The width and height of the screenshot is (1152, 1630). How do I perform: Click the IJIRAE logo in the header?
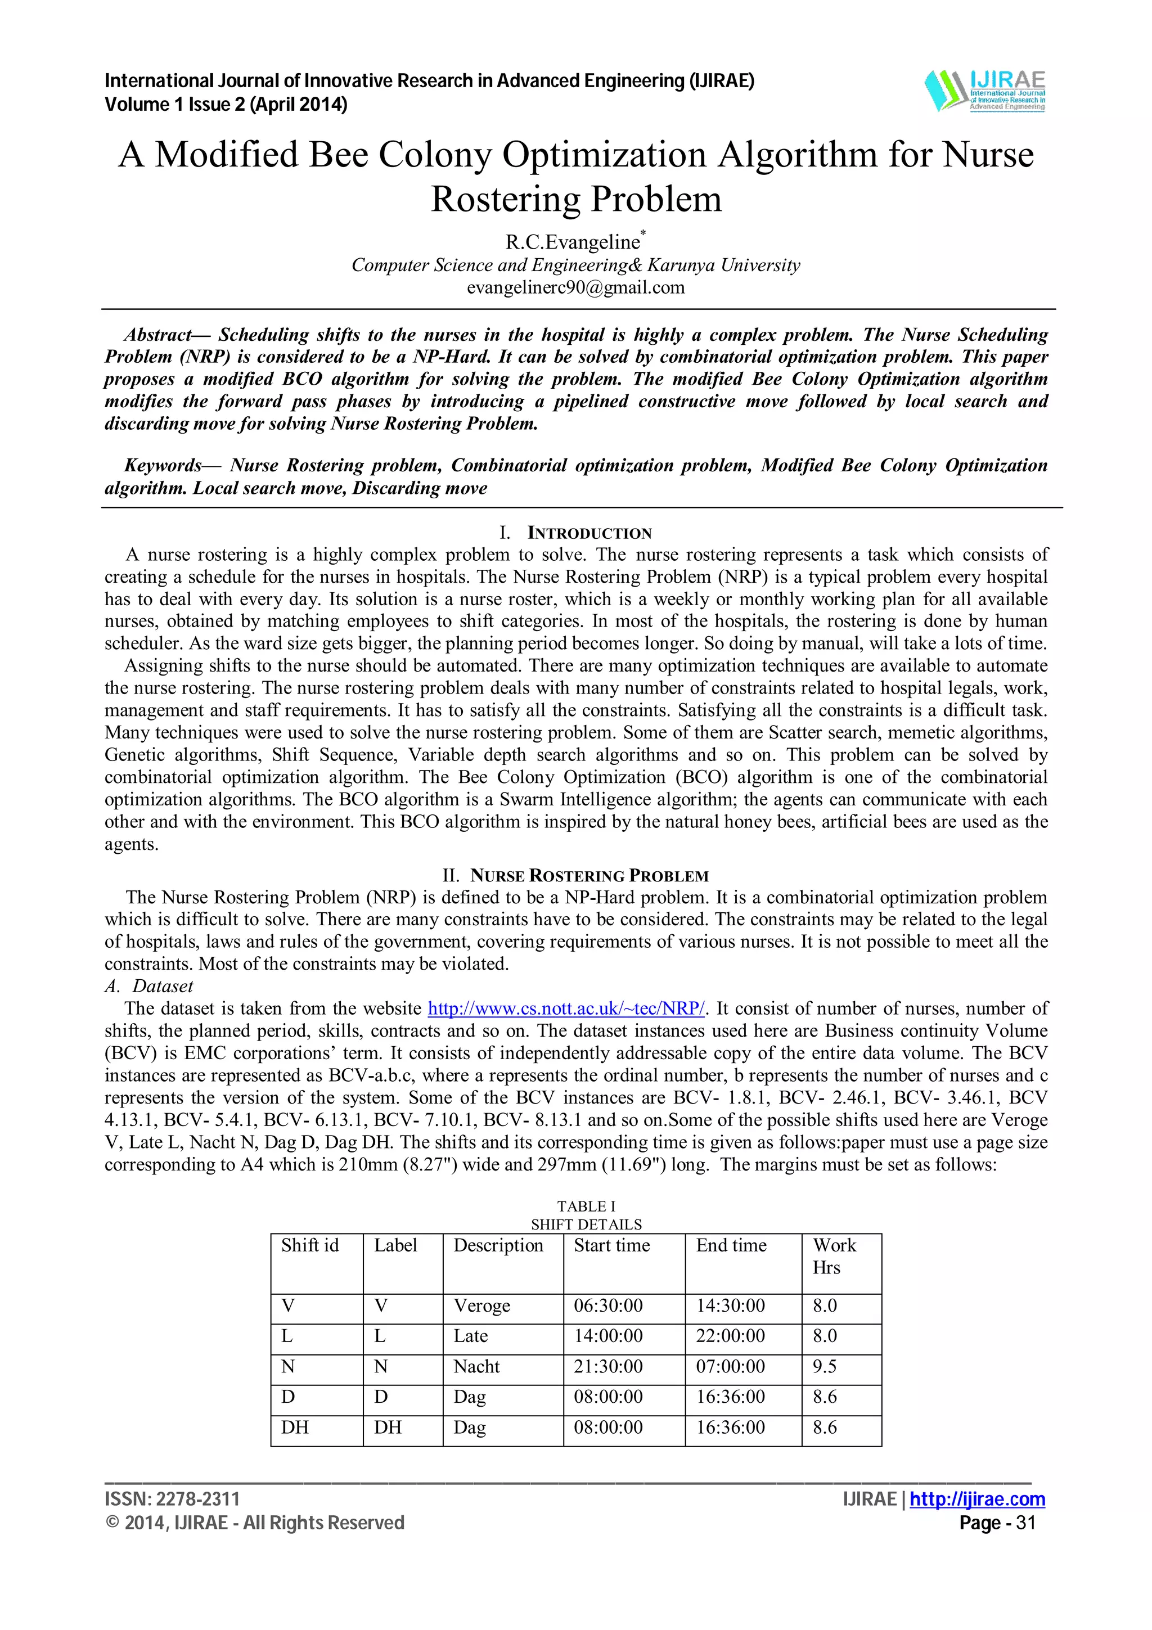click(984, 91)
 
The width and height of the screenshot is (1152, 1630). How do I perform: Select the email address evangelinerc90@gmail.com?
click(575, 287)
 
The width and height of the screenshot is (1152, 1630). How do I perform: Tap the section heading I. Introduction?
click(575, 533)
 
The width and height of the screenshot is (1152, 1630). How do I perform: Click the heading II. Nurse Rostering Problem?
click(575, 875)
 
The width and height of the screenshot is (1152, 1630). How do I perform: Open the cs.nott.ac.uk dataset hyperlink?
click(566, 1008)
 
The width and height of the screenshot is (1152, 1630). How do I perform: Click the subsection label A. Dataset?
click(149, 986)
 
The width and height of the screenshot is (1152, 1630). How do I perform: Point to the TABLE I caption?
click(586, 1206)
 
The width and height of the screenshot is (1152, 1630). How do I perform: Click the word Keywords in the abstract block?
click(163, 466)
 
